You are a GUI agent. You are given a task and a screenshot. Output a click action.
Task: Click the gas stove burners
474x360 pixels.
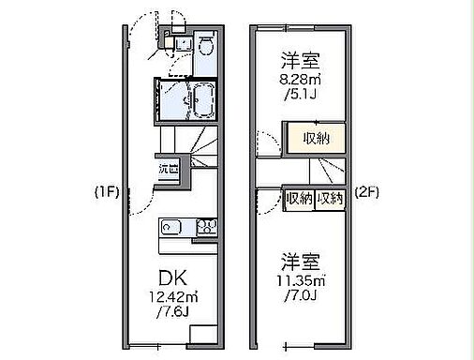tap(208, 227)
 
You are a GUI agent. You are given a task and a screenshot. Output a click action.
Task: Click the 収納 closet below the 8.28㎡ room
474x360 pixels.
tap(316, 138)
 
